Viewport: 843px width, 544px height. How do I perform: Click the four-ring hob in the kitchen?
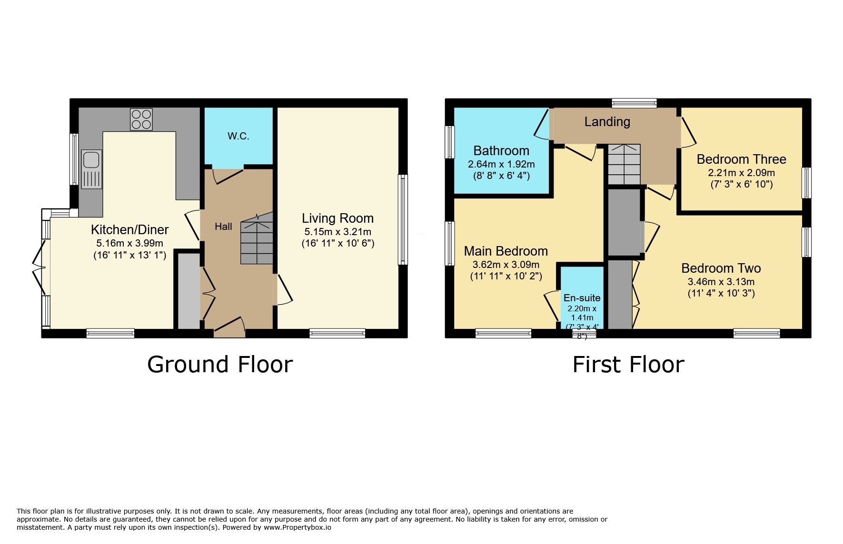click(141, 119)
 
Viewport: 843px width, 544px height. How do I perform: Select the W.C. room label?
click(238, 136)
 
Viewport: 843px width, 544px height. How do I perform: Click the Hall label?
click(223, 227)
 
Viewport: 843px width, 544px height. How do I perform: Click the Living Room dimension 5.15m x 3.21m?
click(337, 232)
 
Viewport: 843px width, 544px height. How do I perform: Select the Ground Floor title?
click(219, 365)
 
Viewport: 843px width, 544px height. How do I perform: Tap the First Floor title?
click(628, 365)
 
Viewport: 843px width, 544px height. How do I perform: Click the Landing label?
click(607, 122)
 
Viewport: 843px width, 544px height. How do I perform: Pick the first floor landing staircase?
click(624, 165)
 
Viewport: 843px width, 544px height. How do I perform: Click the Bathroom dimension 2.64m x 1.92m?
click(501, 164)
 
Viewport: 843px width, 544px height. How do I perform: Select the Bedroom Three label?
click(741, 159)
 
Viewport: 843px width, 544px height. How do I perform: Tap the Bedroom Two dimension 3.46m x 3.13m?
click(721, 282)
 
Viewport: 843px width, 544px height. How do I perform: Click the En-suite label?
click(582, 298)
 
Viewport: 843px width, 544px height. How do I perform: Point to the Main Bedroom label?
click(506, 251)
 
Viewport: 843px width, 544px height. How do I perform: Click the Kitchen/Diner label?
click(129, 229)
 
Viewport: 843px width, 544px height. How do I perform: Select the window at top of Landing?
click(634, 102)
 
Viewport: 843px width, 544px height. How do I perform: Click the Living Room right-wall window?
click(403, 219)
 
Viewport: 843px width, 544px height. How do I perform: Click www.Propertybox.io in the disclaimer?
click(297, 527)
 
